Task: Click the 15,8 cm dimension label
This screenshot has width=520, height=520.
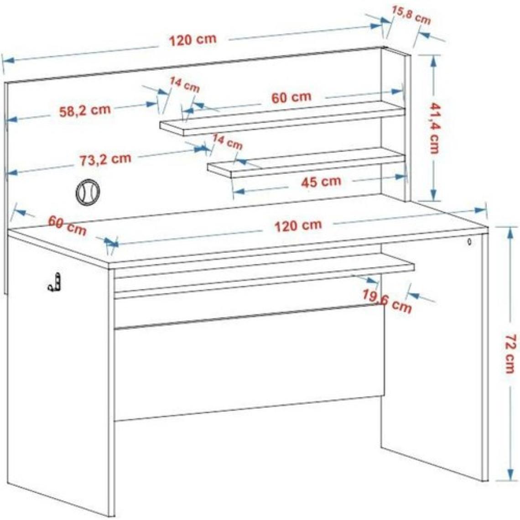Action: point(411,15)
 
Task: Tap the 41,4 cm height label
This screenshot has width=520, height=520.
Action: point(434,128)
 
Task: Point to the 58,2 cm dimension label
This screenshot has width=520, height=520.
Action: point(85,110)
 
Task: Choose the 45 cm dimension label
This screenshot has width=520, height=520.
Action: point(321,182)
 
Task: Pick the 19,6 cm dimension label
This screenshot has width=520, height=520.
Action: point(387,301)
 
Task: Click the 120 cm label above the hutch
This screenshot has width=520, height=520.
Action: point(192,40)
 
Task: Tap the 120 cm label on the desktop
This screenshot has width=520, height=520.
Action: point(298,225)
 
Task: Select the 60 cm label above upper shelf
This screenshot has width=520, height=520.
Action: point(291,98)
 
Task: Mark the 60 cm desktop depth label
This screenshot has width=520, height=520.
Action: point(68,225)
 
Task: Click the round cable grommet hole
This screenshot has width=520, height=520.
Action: point(88,192)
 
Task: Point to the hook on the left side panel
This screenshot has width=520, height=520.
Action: point(55,282)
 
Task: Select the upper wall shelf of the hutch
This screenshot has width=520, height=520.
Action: point(282,119)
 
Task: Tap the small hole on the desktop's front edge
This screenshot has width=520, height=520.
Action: point(469,242)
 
